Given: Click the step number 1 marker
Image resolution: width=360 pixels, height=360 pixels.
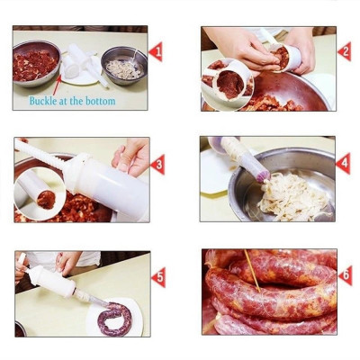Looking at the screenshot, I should pos(156,51).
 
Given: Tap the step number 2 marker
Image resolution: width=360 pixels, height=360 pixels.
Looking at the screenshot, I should pos(344,51).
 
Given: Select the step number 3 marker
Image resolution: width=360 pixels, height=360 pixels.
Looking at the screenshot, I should pos(157,165).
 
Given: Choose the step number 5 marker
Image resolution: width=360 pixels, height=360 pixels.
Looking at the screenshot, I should pos(157,277).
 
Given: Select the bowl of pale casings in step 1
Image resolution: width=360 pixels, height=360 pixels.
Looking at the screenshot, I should pos(124,67).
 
